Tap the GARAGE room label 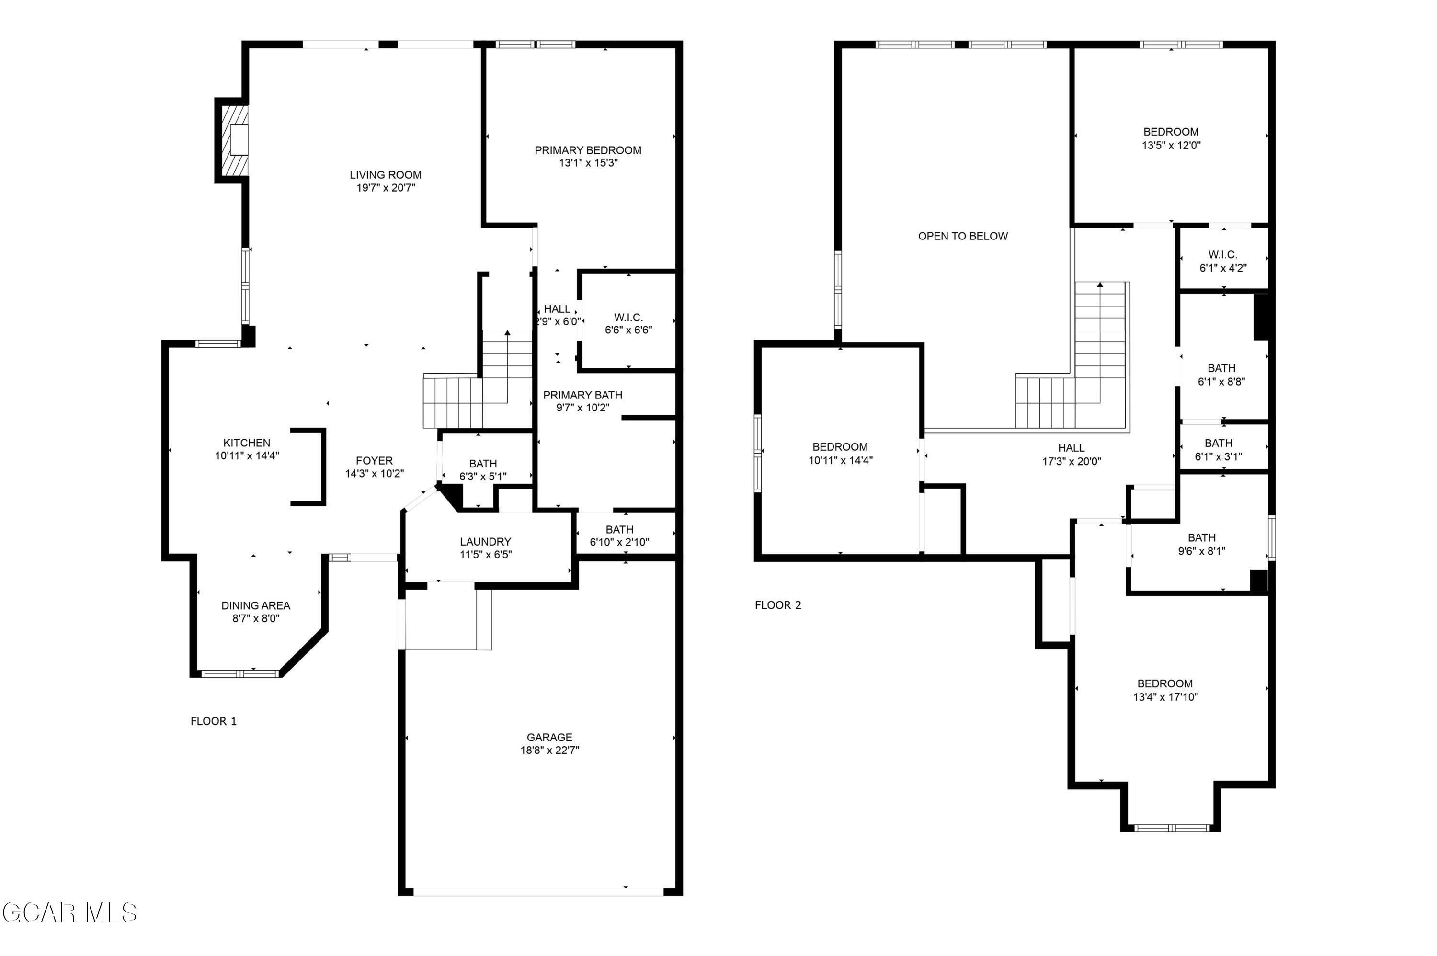tap(549, 737)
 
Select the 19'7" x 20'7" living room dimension tap(386, 188)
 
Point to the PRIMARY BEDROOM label tap(588, 150)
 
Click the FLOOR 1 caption tap(213, 721)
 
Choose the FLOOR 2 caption tap(778, 605)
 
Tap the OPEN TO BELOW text tap(963, 236)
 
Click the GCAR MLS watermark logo tap(69, 913)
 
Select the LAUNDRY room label tap(485, 541)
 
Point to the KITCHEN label tap(246, 443)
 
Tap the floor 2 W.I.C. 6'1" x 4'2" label tap(1222, 261)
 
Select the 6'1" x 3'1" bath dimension tap(1218, 456)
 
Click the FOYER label tap(375, 460)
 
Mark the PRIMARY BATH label tap(582, 395)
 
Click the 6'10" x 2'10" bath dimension tap(619, 542)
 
